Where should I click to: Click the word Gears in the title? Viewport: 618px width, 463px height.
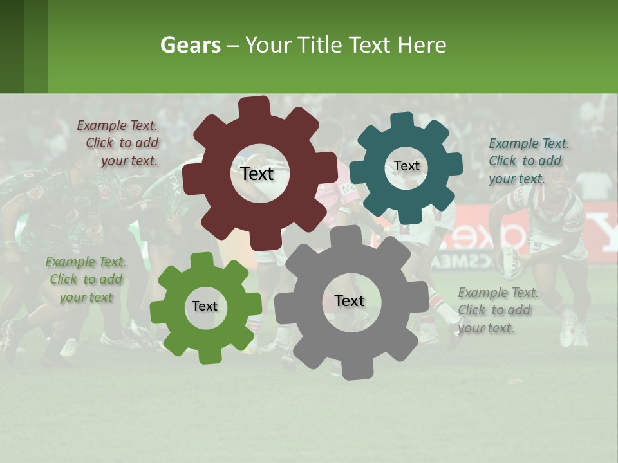pos(190,45)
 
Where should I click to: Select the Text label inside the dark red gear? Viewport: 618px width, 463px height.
pos(257,174)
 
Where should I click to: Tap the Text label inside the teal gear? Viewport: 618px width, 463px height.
pos(406,166)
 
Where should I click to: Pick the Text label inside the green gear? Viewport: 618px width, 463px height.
pos(205,306)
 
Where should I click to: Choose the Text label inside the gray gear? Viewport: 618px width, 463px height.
pos(350,300)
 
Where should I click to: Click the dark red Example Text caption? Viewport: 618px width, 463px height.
pos(118,143)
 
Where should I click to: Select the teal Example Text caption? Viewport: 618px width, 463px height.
pos(529,161)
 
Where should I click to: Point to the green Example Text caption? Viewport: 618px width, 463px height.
pos(86,279)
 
